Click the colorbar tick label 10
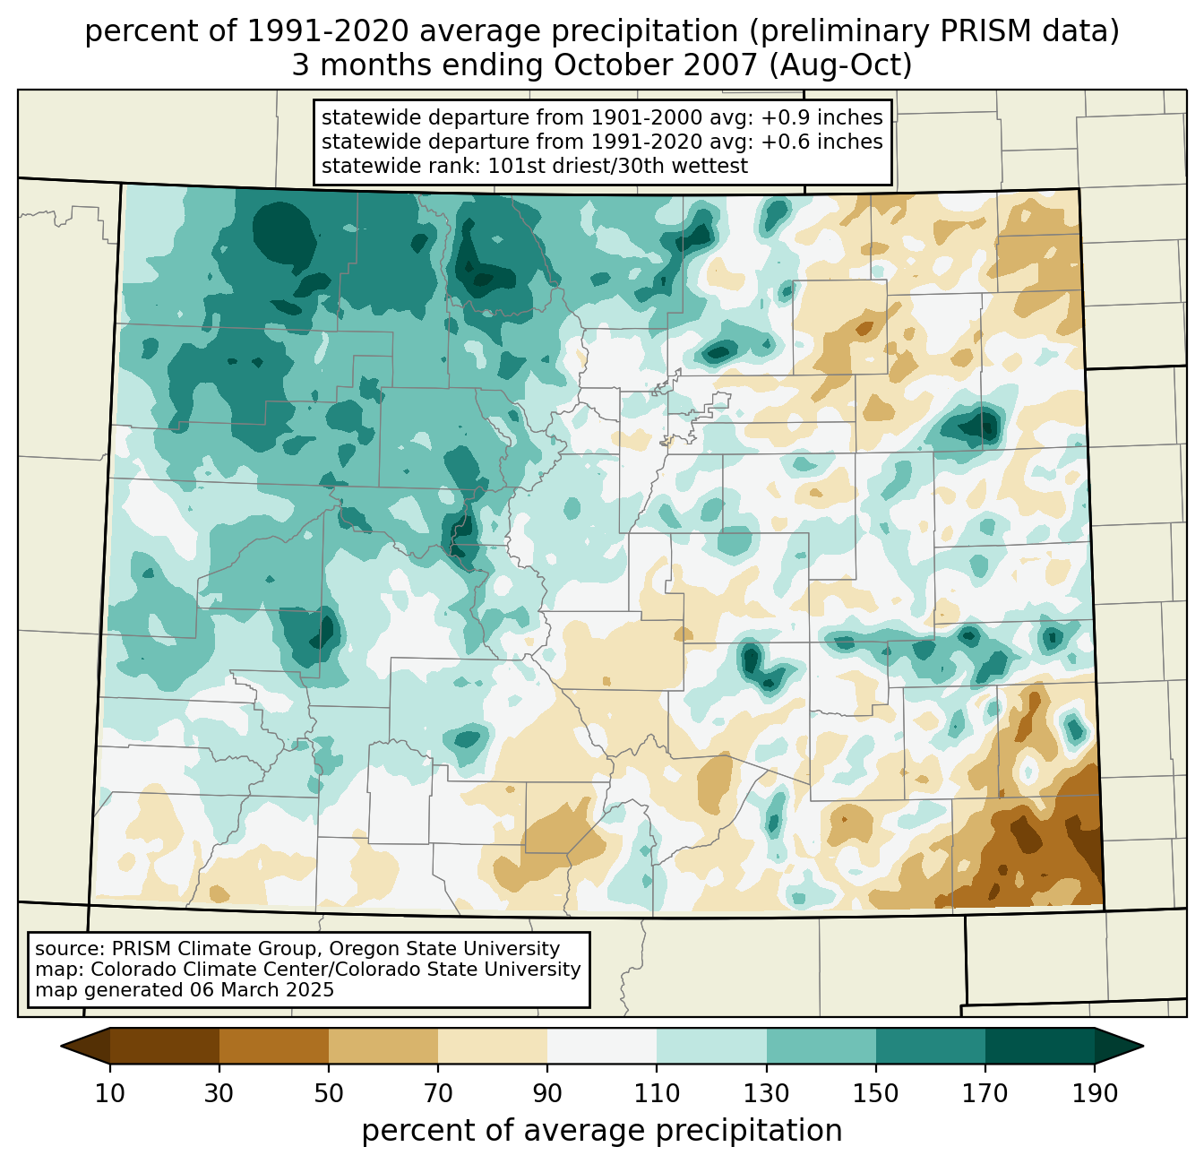pos(110,1093)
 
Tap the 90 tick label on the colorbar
pos(547,1093)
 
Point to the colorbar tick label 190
pos(1095,1093)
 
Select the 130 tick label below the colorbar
pos(767,1093)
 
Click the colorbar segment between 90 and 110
pos(602,1046)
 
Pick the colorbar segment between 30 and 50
pos(274,1046)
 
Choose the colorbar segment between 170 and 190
pos(1040,1046)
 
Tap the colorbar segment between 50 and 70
pos(383,1046)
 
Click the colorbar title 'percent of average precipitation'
pos(602,1131)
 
